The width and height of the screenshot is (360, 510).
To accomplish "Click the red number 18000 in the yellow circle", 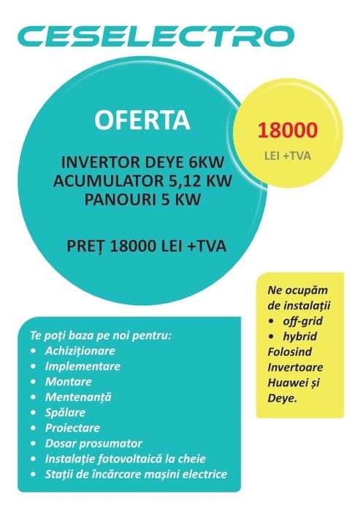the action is click(x=286, y=131).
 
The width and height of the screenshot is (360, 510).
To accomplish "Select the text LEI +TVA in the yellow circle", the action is click(x=286, y=155).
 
